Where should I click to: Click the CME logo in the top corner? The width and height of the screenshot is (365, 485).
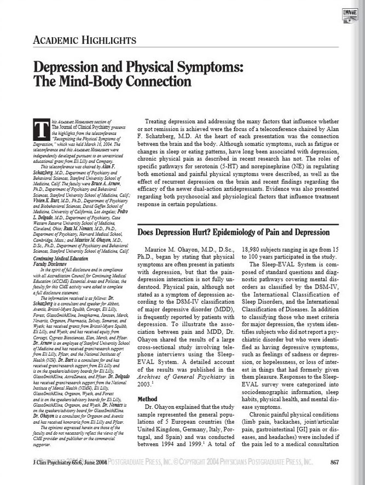coord(350,13)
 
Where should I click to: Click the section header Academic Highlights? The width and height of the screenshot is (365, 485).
coord(84,40)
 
